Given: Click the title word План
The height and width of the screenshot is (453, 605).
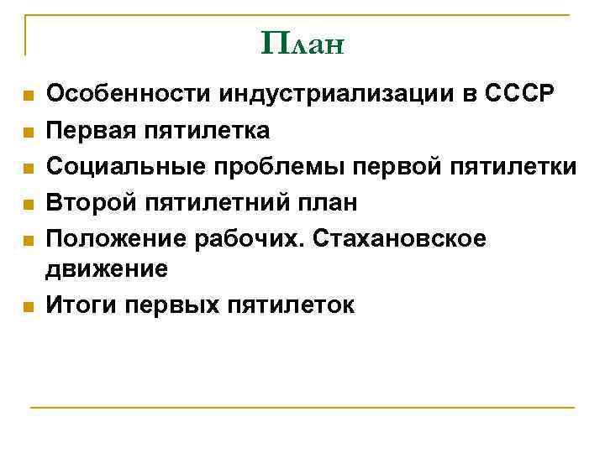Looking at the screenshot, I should pos(302,42).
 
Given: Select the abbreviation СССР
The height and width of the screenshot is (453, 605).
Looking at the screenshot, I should pos(519,95).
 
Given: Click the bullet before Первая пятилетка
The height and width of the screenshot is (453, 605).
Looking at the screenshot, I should pos(27,133).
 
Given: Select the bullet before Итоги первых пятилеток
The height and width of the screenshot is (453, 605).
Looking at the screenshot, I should pos(27,307).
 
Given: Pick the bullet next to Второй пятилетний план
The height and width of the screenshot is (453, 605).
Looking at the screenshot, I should pos(27,205).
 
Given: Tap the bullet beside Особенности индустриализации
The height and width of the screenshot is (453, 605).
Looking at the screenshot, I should pos(27,96).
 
